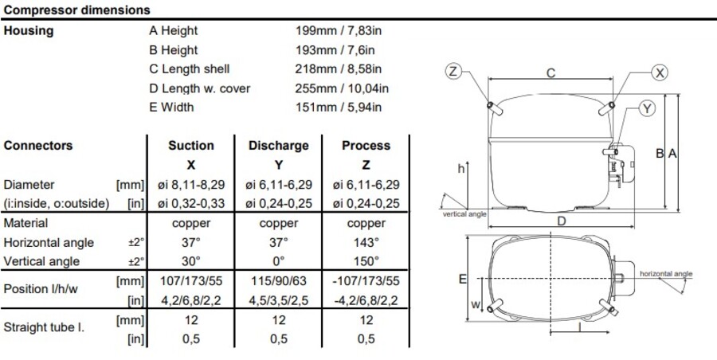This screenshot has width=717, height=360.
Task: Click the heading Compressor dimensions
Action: [76, 10]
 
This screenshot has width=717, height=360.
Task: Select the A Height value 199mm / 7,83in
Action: [339, 30]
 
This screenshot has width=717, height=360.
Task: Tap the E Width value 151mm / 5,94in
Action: [339, 107]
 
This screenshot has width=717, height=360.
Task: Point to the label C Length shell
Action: [190, 69]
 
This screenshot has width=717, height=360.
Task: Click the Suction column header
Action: [191, 146]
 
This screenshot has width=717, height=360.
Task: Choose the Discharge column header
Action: [279, 146]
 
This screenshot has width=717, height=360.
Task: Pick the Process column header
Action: [366, 146]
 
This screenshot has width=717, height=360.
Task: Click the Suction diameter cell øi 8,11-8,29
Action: [191, 185]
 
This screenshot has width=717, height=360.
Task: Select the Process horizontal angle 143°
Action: [366, 242]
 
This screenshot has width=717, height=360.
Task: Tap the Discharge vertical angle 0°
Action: [279, 261]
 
